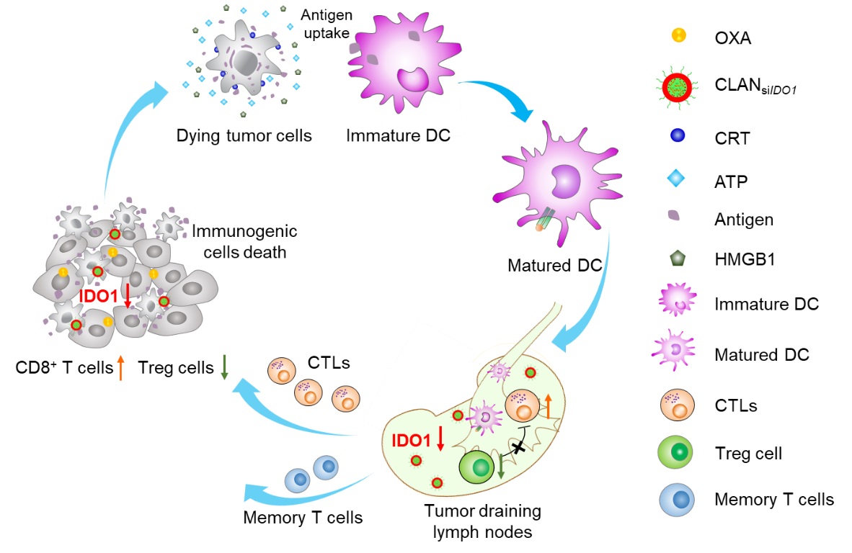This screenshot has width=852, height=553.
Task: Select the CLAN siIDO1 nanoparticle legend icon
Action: coord(678,88)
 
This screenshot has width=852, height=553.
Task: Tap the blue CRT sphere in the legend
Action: coord(678,136)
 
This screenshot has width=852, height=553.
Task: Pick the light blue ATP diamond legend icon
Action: coord(678,179)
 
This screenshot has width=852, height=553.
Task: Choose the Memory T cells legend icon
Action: coord(677,498)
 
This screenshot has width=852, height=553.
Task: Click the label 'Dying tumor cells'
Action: coord(244,135)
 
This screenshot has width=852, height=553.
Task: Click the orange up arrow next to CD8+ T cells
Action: coord(120,369)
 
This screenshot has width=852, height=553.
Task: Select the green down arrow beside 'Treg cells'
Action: coord(224,369)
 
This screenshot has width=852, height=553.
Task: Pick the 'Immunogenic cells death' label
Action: coord(244,243)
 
